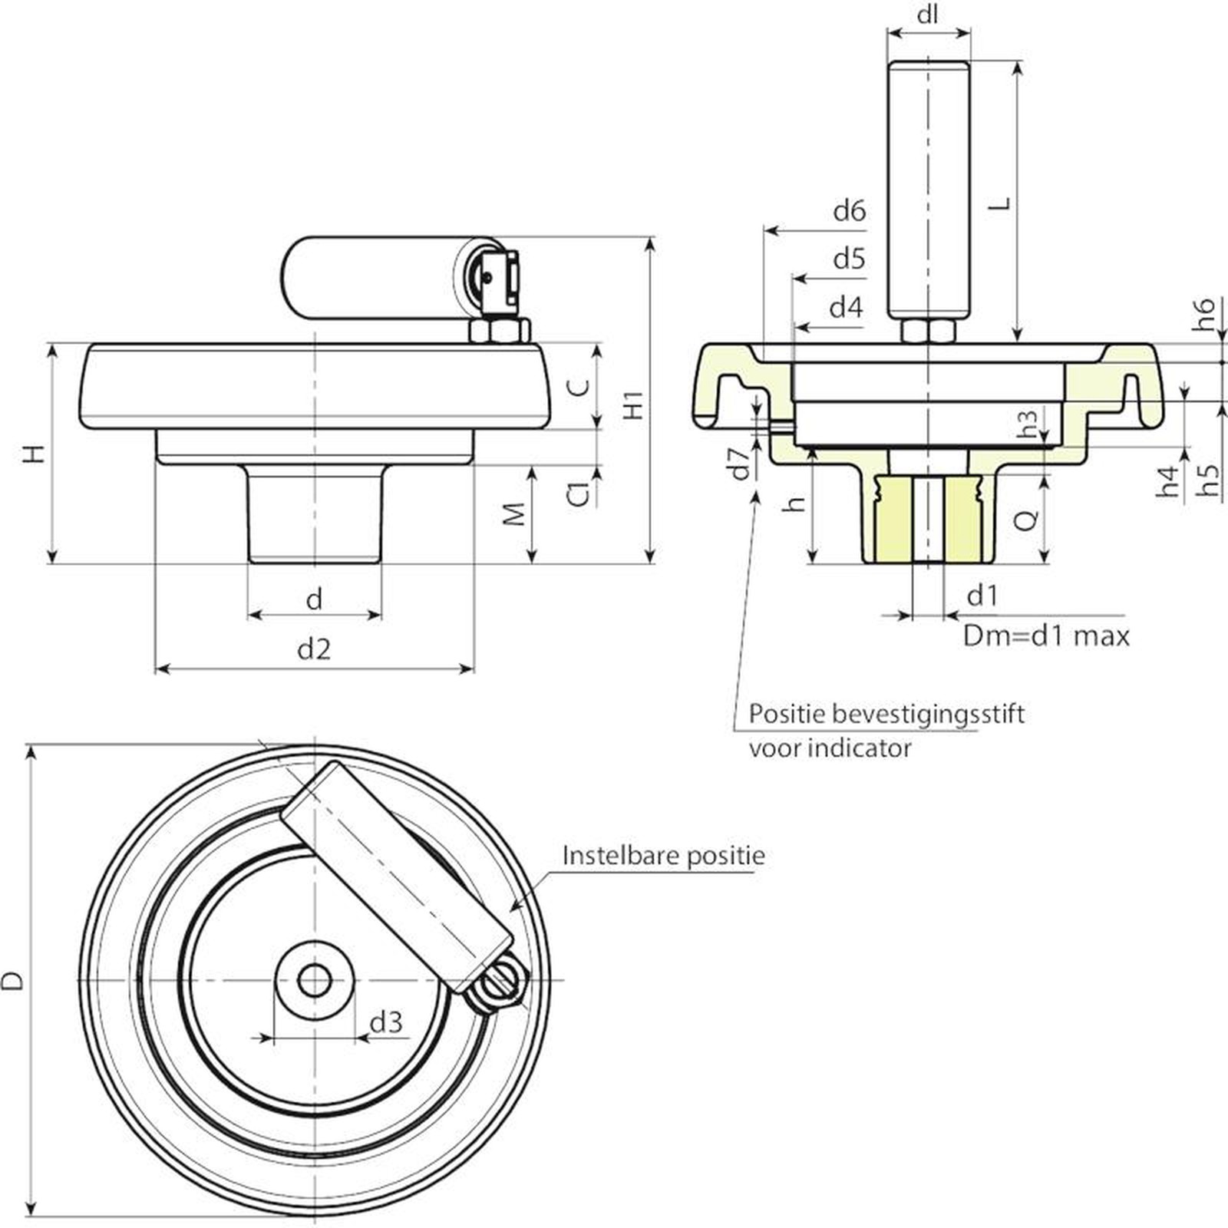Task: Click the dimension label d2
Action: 313,649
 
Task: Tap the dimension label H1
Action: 633,404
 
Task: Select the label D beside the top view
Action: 13,980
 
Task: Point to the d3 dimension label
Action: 385,1022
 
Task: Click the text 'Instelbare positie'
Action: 663,855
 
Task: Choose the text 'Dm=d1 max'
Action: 1046,636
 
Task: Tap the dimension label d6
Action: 849,210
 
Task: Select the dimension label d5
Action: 849,259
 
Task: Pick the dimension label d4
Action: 846,308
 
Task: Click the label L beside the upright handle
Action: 999,203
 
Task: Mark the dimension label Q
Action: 1026,520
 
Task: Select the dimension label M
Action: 515,513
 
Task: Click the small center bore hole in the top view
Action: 314,980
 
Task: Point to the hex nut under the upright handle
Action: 928,332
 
